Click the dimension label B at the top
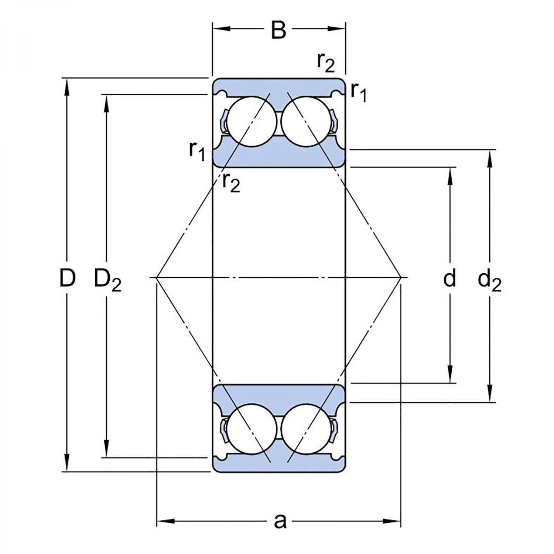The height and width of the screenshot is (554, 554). coord(278,30)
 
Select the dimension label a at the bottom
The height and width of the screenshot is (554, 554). coord(280,521)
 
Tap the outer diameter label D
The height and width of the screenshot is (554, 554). coord(67,278)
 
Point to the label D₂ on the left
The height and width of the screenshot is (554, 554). coord(107,280)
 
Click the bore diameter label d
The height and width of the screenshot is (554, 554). coord(449,278)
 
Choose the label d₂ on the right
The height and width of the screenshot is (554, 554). coord(489,280)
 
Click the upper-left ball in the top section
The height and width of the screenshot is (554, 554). coord(252,122)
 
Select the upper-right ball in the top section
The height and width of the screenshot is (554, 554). coord(306,122)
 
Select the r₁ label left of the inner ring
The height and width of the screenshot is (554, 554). coord(197,151)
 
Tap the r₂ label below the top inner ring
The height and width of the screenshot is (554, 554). coord(231,182)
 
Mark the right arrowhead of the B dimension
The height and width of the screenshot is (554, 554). coord(337,28)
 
